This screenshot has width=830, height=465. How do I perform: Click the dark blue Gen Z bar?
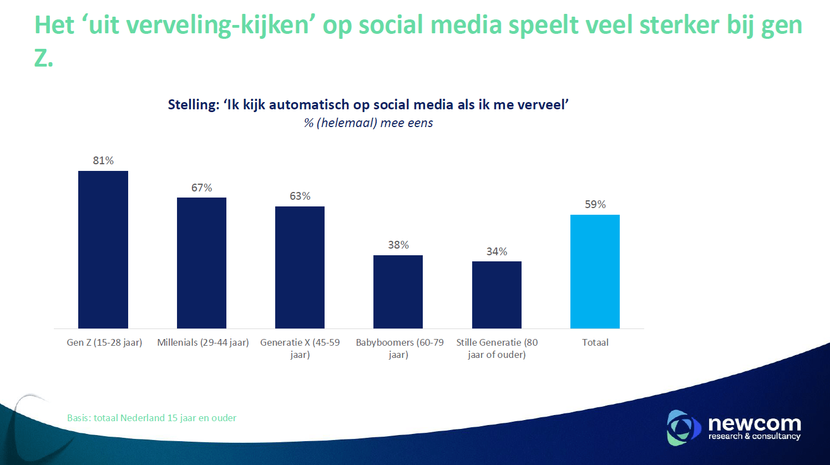point(103,250)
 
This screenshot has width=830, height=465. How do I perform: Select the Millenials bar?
point(201,263)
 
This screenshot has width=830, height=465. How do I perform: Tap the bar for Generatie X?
point(300,267)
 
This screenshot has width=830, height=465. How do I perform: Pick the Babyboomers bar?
point(398,292)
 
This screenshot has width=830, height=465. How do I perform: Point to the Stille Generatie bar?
point(497,295)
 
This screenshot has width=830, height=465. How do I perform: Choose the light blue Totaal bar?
point(595,271)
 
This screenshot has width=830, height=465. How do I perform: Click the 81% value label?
point(103,160)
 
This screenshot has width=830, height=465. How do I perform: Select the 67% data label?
point(201,188)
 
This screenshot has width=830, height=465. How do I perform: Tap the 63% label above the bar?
point(300,196)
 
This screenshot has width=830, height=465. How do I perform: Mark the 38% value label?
point(398,245)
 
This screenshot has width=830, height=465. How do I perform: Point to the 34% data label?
point(497,251)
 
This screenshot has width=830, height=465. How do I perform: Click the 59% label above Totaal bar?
point(595,204)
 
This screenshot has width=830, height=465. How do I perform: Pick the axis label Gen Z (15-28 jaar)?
point(104,342)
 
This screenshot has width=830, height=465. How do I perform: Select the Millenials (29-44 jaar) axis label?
point(203,342)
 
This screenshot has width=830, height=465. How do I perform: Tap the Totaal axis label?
point(595,342)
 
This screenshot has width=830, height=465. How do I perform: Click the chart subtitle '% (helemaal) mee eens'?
point(368,123)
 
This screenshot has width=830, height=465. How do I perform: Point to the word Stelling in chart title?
point(193,105)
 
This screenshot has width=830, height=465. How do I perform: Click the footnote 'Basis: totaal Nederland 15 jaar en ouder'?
point(151,418)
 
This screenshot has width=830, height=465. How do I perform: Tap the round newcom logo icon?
point(683,428)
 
